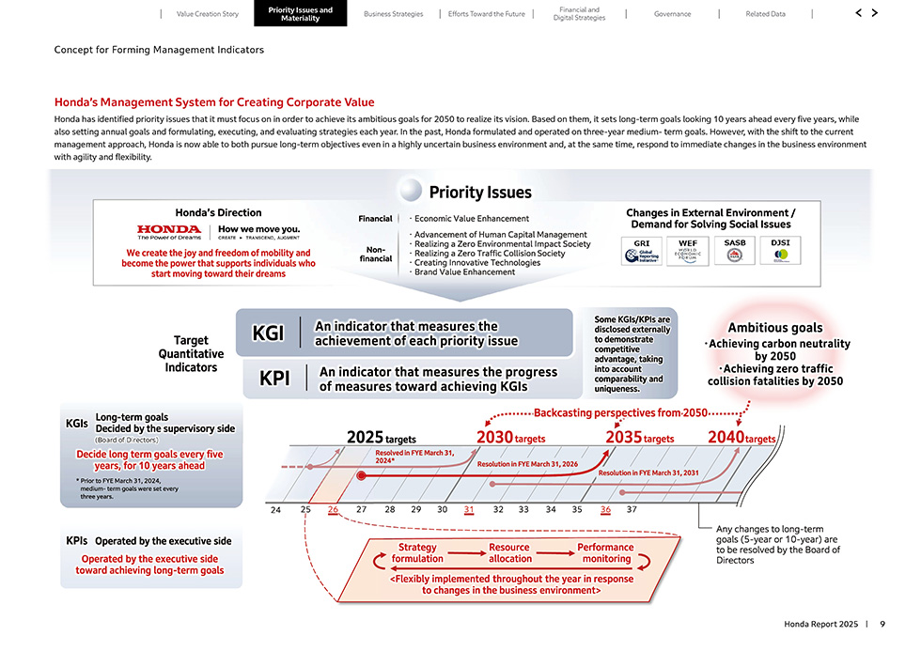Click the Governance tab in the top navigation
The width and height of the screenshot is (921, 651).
click(672, 14)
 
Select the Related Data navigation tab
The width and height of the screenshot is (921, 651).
click(765, 14)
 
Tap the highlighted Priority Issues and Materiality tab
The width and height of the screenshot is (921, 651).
click(300, 13)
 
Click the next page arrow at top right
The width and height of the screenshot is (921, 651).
click(875, 13)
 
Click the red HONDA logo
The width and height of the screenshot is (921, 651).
click(169, 229)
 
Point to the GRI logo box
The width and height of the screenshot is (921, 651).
click(642, 252)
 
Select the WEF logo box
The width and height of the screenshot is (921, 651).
click(688, 252)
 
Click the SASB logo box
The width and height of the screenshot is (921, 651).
click(734, 252)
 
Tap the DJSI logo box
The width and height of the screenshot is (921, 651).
click(780, 252)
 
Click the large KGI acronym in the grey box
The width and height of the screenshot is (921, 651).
click(269, 334)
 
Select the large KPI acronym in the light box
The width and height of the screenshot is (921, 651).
click(274, 379)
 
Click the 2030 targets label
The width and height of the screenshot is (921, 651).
click(510, 438)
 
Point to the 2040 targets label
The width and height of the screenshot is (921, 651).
click(741, 438)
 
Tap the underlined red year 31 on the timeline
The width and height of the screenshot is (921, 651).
click(469, 510)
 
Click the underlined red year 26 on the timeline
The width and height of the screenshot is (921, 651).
click(334, 510)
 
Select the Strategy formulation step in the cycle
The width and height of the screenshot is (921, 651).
click(417, 553)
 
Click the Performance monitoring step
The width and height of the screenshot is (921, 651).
click(605, 553)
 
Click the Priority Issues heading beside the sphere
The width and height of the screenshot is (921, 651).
click(480, 193)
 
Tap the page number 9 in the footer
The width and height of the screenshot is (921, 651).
click(882, 625)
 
